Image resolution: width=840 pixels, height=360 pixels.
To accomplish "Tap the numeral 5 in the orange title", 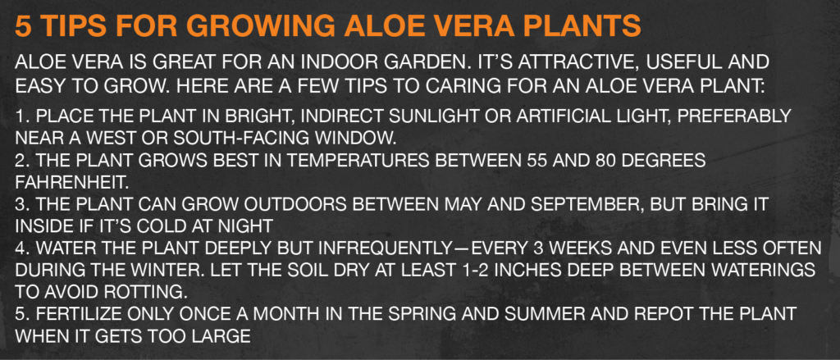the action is tap(22, 25).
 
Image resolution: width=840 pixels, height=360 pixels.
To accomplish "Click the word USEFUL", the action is tap(687, 62).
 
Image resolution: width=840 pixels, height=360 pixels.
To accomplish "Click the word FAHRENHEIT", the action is tap(72, 182).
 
